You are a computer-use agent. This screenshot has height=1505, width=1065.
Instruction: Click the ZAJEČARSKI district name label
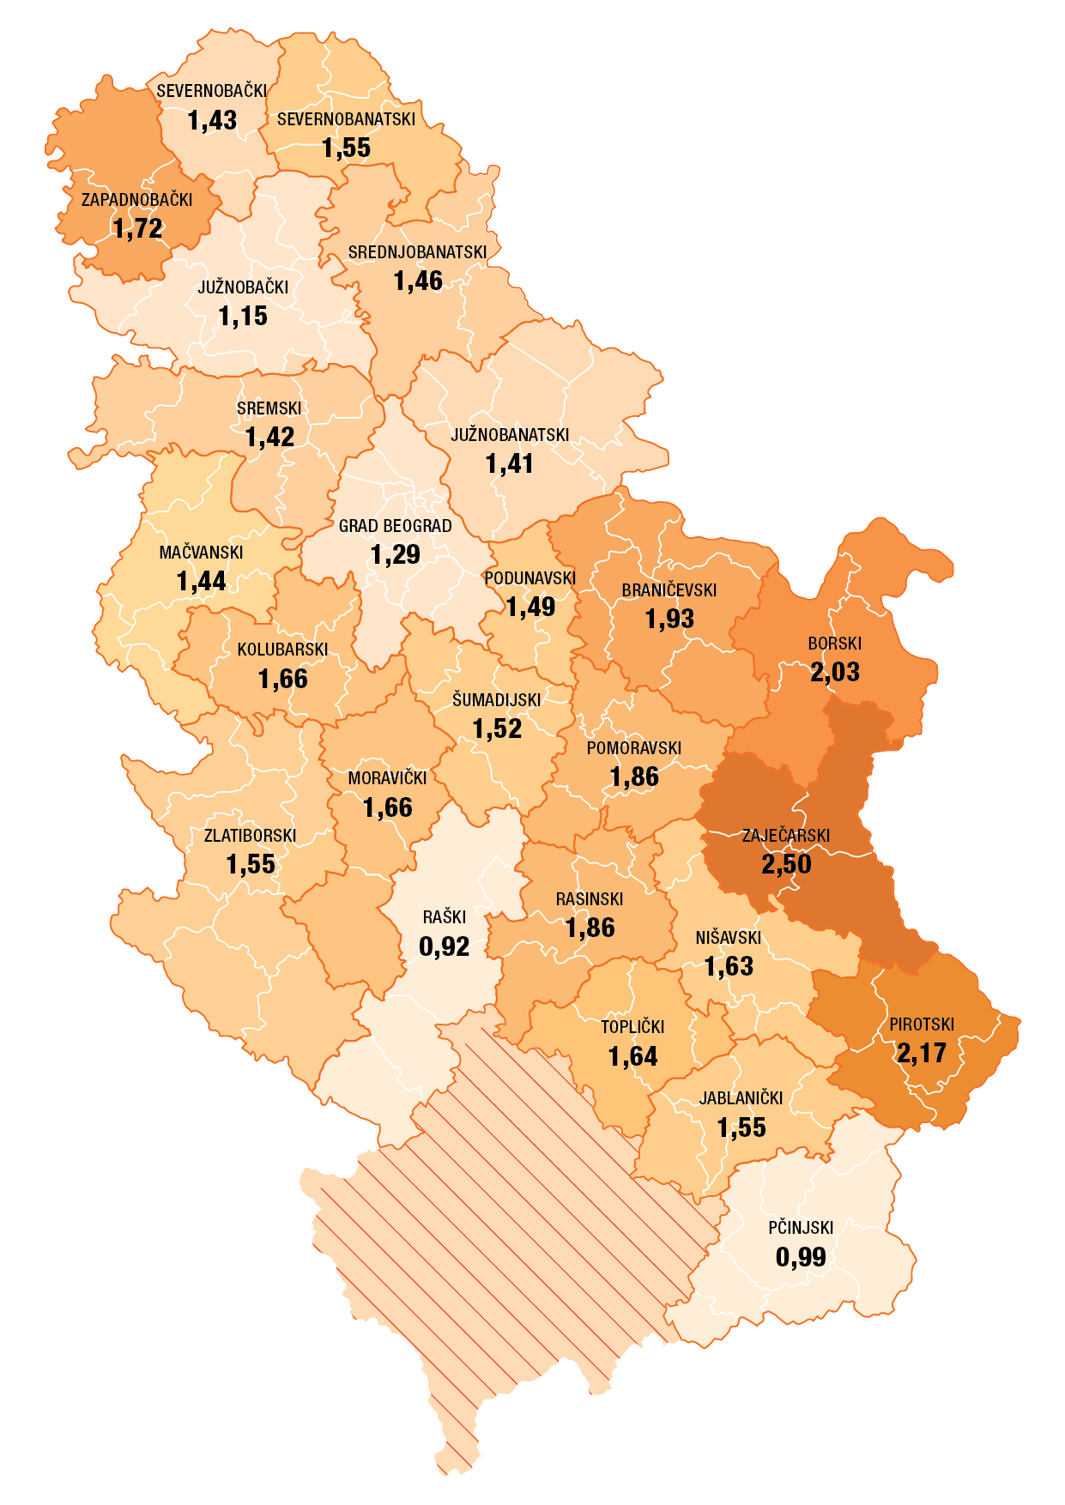785,836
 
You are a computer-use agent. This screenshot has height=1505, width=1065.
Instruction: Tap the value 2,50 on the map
786,864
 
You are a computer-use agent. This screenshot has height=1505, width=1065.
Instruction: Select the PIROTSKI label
922,1024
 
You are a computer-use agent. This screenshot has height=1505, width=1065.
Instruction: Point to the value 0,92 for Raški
444,946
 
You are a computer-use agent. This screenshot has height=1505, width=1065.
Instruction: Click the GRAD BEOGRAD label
395,526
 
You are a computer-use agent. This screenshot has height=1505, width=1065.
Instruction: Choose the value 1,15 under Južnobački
243,317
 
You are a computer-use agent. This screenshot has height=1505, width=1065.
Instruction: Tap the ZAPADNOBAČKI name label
137,200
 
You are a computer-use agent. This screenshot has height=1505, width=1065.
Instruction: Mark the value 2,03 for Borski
834,672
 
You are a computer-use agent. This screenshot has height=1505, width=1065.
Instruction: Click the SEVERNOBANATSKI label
346,119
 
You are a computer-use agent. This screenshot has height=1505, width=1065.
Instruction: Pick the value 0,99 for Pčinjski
801,1257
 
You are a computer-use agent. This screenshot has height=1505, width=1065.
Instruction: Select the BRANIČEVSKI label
669,590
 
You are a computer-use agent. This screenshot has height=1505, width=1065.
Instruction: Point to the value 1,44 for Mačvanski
201,582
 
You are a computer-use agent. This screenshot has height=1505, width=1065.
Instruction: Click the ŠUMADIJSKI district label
497,700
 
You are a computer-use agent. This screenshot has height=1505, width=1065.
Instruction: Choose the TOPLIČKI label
632,1027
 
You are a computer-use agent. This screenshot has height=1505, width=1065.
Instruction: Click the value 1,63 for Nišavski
729,967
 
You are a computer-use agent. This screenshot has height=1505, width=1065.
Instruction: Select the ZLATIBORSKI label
250,836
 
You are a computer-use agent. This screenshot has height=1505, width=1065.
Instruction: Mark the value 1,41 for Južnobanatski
510,464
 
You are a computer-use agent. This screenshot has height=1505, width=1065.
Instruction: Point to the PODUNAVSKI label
529,578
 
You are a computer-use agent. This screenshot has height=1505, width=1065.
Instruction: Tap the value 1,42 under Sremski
269,438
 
